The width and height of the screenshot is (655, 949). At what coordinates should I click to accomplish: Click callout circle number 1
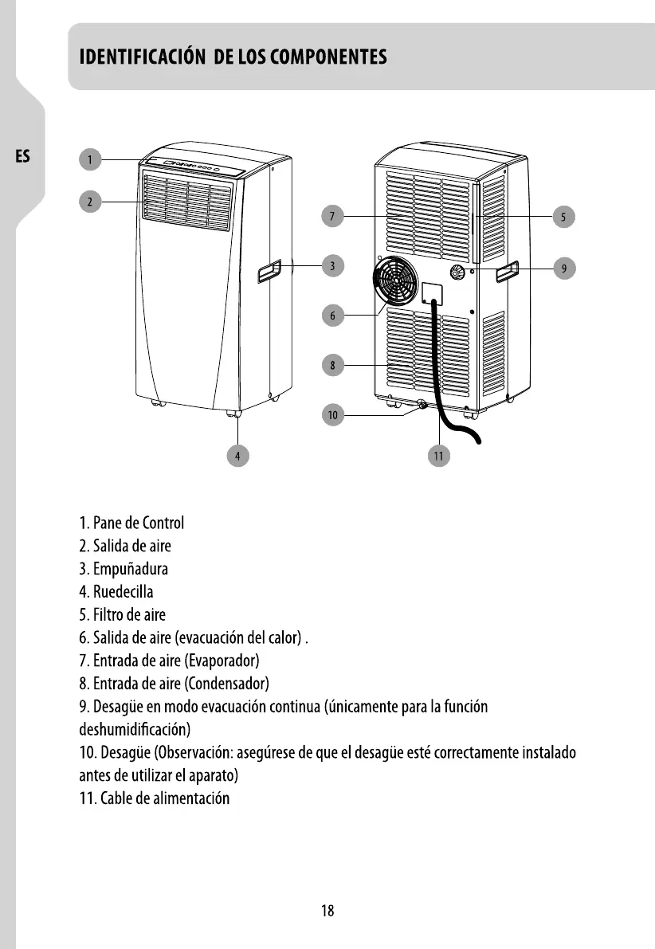[91, 160]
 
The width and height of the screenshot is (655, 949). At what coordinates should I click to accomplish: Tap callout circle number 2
[91, 202]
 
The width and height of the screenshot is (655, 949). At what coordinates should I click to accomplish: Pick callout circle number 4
[237, 455]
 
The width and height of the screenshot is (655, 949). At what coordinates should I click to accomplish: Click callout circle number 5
[563, 216]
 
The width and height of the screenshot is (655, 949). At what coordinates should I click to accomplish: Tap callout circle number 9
[563, 269]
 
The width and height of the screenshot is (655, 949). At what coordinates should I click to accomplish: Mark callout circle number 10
[333, 414]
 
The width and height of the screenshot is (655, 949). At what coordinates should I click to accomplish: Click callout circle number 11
[437, 455]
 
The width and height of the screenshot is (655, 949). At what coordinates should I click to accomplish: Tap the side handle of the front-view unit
[269, 273]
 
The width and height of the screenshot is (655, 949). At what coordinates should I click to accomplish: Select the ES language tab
[22, 156]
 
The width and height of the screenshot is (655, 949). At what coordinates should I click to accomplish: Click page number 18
[327, 912]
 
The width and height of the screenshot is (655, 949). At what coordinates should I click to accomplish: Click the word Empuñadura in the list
[130, 570]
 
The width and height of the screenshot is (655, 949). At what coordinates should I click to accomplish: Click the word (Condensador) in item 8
[227, 684]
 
